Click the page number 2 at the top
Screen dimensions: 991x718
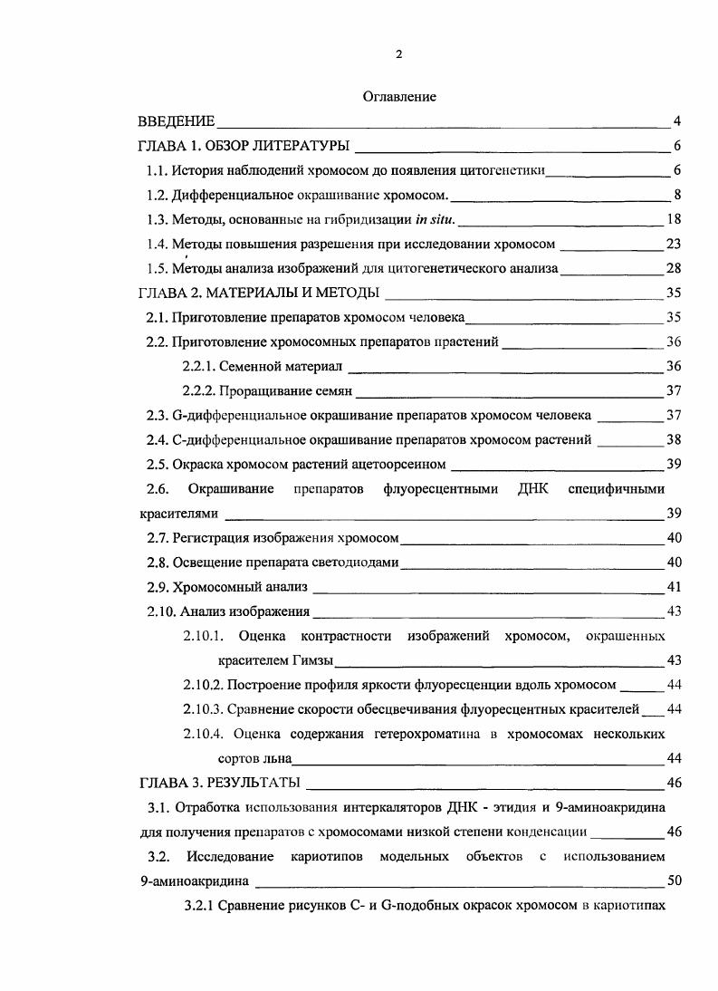[399, 54]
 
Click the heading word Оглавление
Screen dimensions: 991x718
[399, 97]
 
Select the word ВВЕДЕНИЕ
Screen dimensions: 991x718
[177, 121]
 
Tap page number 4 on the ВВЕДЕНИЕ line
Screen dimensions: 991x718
[676, 121]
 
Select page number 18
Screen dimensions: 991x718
[673, 219]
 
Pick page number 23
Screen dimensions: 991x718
[673, 244]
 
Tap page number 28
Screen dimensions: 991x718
[673, 268]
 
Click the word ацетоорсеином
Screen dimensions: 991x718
[402, 464]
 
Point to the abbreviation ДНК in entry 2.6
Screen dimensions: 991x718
[527, 488]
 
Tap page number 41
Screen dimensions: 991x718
[673, 586]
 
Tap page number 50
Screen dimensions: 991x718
[673, 880]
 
